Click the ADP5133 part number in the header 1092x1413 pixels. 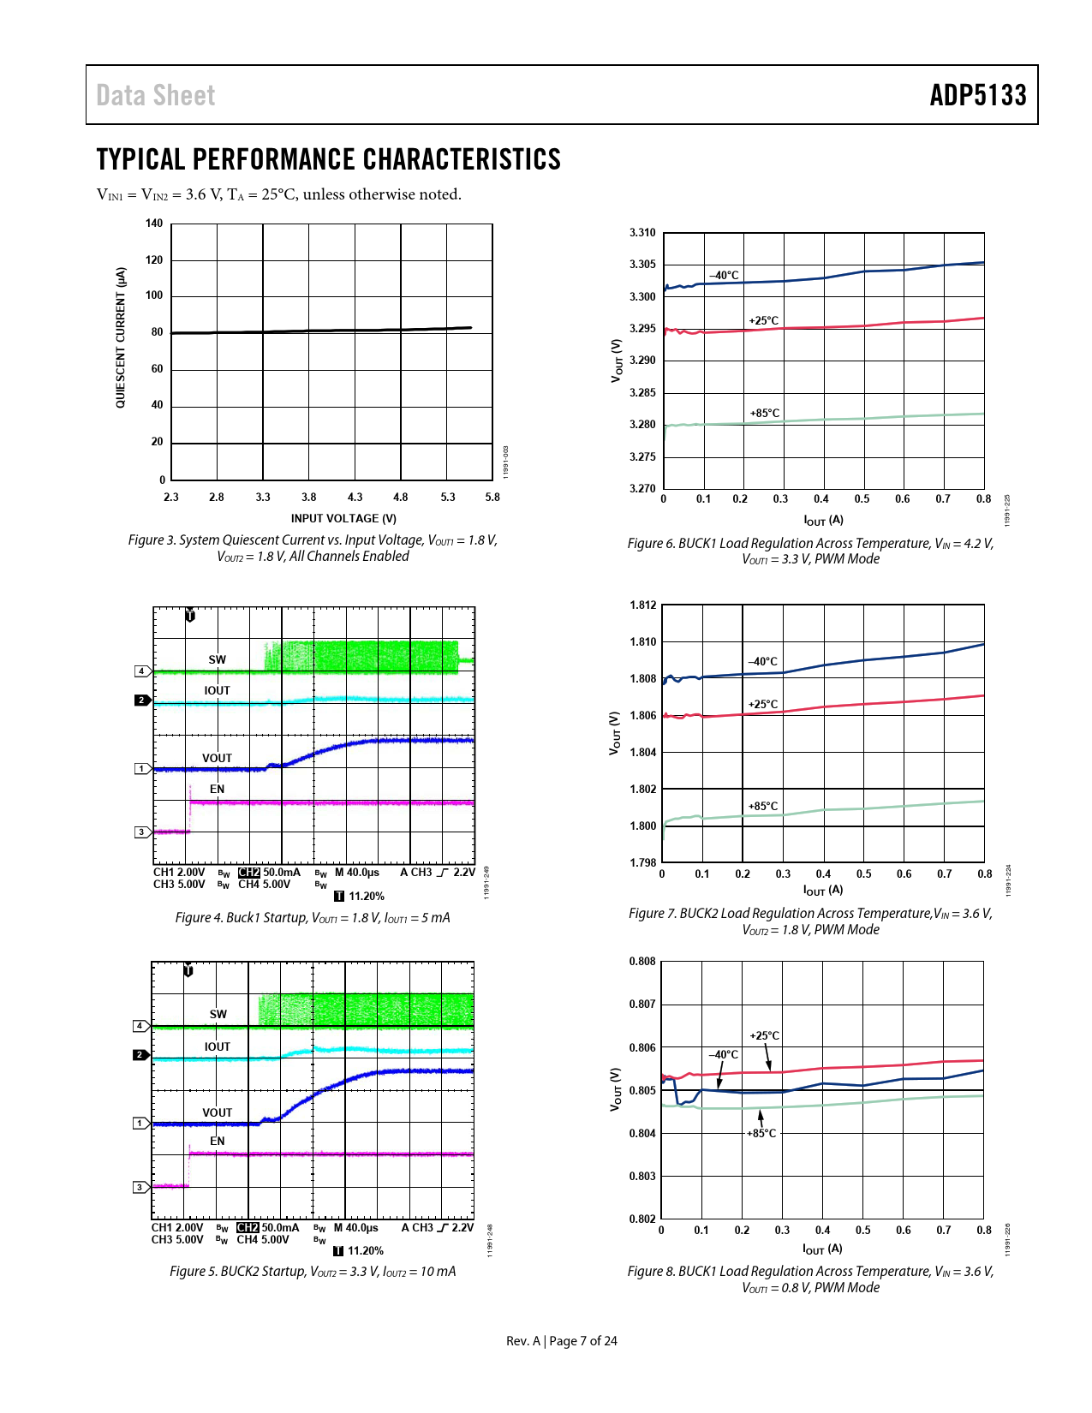pos(977,95)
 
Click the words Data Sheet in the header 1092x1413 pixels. pos(155,95)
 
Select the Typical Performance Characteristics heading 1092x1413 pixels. pos(328,159)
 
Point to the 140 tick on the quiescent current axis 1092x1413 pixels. pos(153,224)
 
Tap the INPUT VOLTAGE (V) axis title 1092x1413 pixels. pos(343,518)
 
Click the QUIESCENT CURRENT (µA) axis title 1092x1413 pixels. pos(121,337)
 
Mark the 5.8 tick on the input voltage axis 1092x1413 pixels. pos(492,498)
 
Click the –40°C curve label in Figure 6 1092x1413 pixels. pos(724,275)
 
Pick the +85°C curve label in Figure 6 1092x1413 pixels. pos(765,413)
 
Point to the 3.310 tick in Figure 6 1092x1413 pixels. pos(642,233)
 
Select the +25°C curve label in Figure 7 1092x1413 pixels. pos(763,704)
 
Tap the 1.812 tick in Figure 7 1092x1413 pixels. pos(642,605)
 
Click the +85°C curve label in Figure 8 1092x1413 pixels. pos(761,1133)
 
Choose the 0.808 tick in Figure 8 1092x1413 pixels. pos(642,962)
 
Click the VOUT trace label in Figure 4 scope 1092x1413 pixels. pos(217,758)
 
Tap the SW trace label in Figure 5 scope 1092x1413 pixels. pos(218,1014)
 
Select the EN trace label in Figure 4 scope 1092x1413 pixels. pos(218,789)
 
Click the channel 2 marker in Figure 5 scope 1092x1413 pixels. pos(140,1055)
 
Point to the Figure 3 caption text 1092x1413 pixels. pos(313,548)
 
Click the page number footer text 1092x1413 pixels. pos(561,1341)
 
